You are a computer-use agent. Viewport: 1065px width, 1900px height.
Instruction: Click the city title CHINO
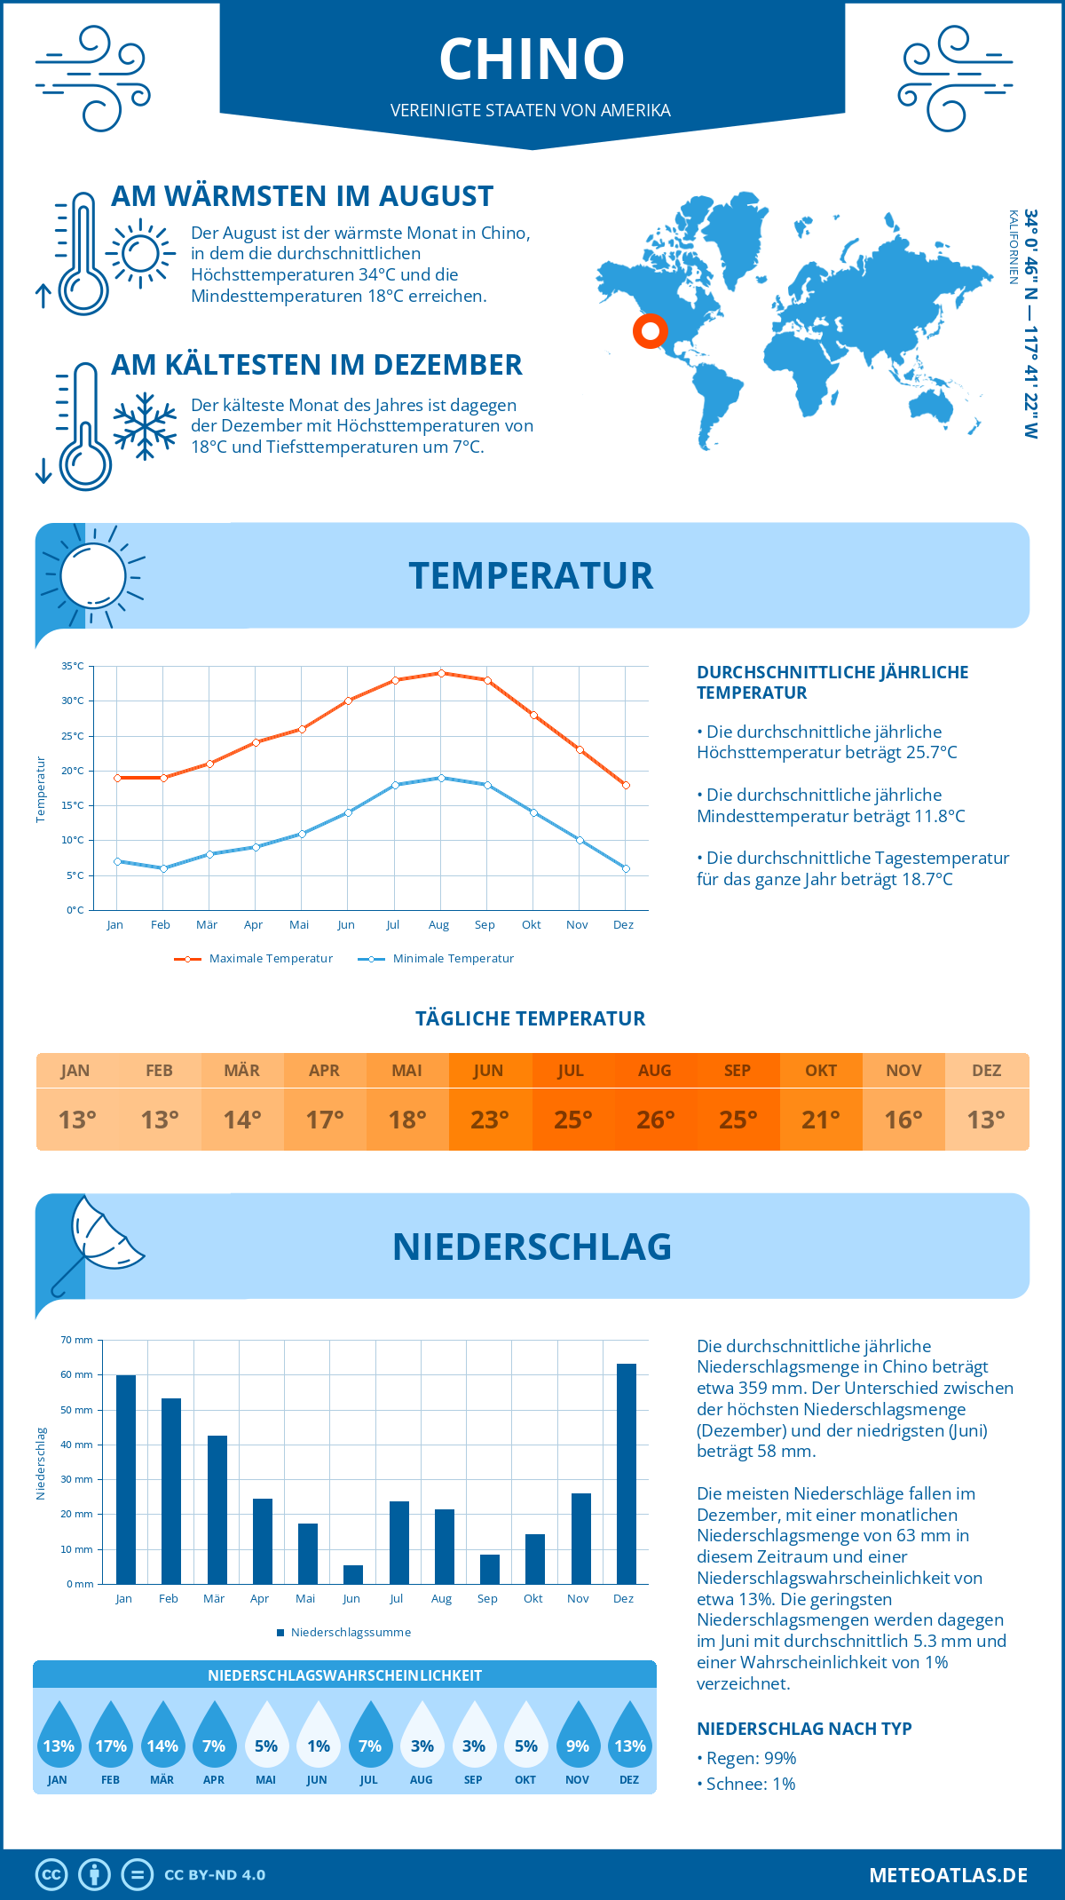click(x=532, y=59)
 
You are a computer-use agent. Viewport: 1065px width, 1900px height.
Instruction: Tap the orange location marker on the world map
click(x=651, y=331)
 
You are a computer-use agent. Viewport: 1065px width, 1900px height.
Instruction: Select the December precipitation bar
click(x=626, y=1473)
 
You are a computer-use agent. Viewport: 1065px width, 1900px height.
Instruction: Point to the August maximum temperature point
click(x=441, y=673)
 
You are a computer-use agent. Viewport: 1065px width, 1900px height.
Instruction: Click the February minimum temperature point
click(x=163, y=868)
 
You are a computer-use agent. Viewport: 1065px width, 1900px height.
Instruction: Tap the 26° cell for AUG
click(x=655, y=1120)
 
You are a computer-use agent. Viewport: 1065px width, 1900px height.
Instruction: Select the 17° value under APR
click(x=325, y=1120)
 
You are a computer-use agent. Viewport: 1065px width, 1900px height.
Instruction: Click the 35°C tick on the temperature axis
click(x=73, y=666)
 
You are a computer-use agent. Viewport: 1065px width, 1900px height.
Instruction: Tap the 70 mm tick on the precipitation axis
click(x=77, y=1340)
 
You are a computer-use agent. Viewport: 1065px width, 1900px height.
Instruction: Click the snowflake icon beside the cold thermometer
click(x=145, y=426)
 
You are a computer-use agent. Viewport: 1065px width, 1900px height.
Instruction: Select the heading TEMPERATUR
click(x=531, y=575)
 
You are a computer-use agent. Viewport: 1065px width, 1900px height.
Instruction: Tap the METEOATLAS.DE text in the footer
click(x=948, y=1875)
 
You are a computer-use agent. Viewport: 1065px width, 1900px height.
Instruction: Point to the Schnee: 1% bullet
click(x=746, y=1784)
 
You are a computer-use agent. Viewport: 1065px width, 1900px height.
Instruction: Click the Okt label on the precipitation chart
click(x=532, y=1598)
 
